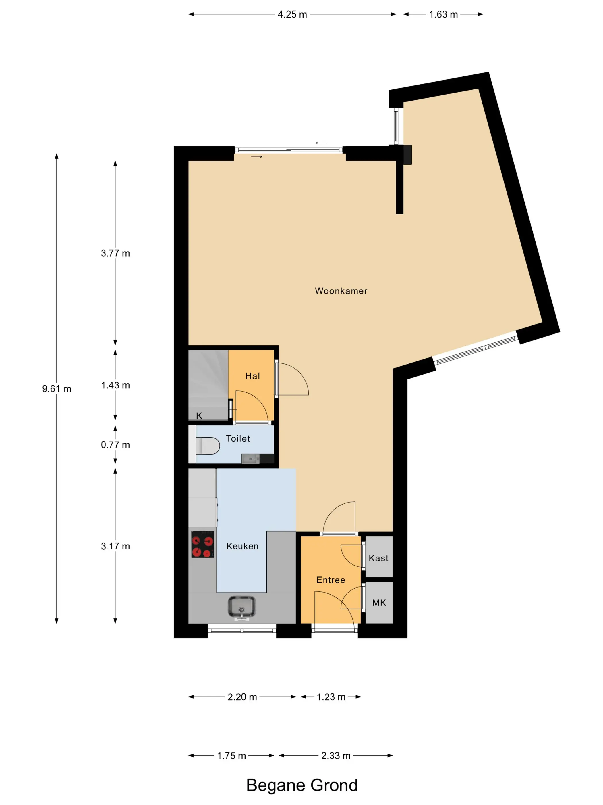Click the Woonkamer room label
coord(341,291)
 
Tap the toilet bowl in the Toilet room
coord(208,445)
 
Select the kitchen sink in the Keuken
coord(242,607)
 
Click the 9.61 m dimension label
coord(57,389)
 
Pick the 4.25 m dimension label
coord(292,15)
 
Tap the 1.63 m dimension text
coord(443,15)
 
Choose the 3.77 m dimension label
coord(115,253)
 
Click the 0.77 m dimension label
coord(115,445)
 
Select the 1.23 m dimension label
coord(331,697)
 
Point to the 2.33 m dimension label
coord(336,756)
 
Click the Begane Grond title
coord(302,785)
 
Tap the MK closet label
coord(379,603)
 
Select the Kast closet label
coord(378,558)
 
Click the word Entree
coord(331,580)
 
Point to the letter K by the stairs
coord(199,416)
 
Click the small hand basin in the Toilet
coord(251,459)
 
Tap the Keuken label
coord(242,546)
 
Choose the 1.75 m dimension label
coord(231,756)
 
